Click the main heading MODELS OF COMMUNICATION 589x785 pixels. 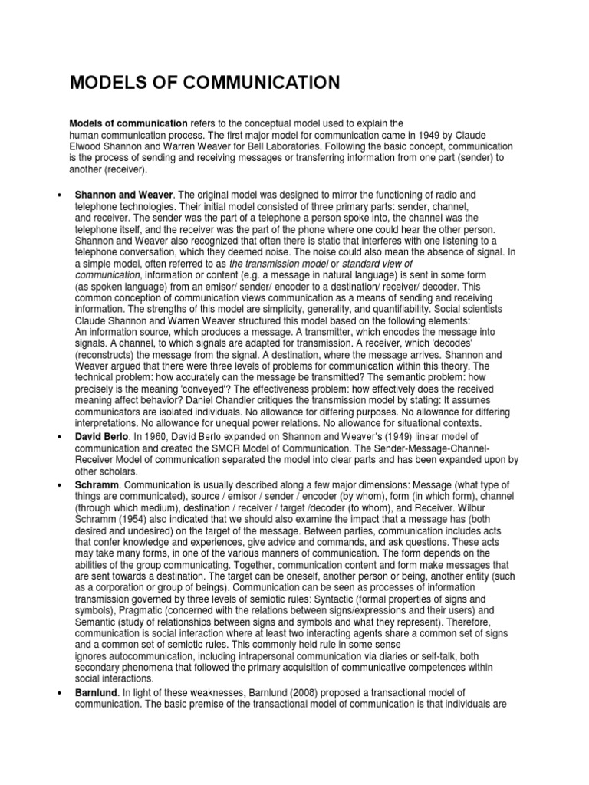coord(205,83)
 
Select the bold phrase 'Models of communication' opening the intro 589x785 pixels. coord(129,123)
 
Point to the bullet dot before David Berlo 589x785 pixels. coord(59,436)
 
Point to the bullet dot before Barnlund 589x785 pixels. coord(59,692)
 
